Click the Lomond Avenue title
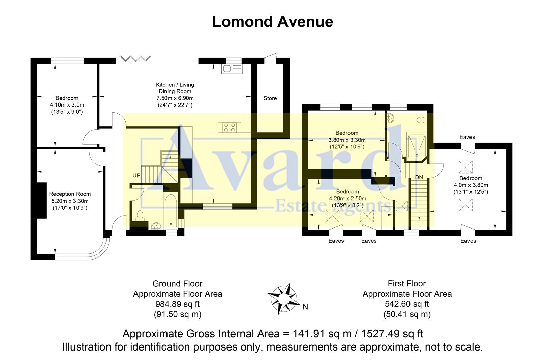272,22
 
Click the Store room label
270,98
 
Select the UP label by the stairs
136,176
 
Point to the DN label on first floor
419,177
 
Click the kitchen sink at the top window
232,69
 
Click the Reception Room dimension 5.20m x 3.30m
70,201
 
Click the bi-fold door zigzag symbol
133,59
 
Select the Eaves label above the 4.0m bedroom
467,137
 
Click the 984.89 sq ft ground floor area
177,304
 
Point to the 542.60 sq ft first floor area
407,304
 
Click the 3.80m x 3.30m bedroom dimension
347,140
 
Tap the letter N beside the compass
305,307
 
